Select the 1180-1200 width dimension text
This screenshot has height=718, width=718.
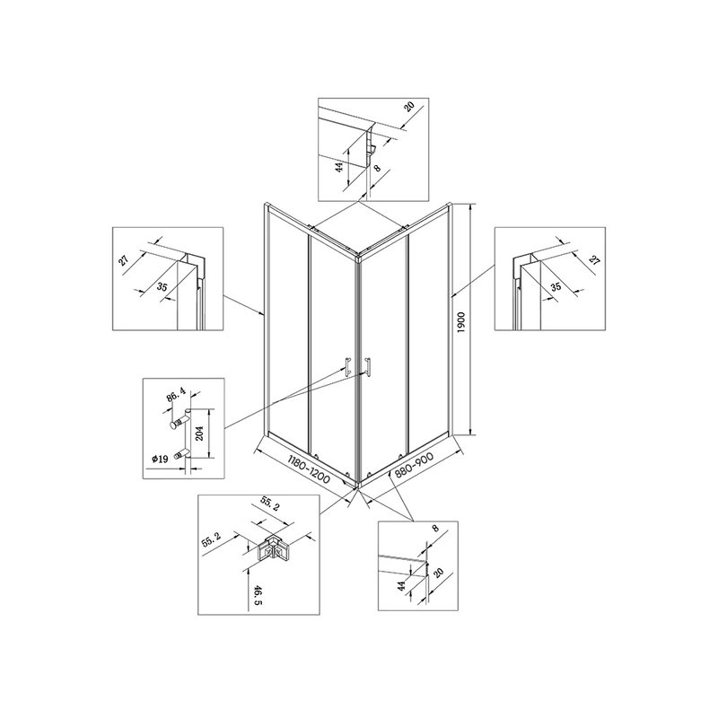pos(309,469)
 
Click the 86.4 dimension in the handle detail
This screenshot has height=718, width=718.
pos(176,395)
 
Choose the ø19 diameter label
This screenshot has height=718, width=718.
pos(160,459)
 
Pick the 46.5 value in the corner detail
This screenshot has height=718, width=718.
pos(258,595)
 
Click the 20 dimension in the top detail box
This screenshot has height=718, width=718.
pos(409,107)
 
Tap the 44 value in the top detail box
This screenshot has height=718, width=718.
pos(339,167)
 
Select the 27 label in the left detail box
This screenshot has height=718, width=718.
pos(124,260)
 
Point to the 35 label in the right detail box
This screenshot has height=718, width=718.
pos(556,287)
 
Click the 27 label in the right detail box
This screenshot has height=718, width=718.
pos(594,260)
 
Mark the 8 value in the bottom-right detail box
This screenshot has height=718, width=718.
pos(435,529)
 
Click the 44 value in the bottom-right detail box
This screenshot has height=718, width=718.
pos(401,586)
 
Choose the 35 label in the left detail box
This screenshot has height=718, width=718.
pos(162,287)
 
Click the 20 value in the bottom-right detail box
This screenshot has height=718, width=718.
pos(438,573)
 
